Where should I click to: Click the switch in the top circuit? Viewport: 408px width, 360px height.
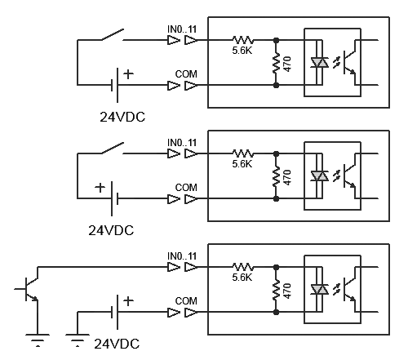tap(113, 34)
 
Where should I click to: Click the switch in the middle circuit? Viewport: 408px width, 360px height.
tap(113, 148)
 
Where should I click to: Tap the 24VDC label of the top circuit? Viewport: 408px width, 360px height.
tap(122, 117)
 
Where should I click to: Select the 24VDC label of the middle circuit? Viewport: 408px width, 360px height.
tap(111, 230)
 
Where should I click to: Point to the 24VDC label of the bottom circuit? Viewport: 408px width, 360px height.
tap(117, 344)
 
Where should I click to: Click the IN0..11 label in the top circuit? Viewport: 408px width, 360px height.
tap(182, 29)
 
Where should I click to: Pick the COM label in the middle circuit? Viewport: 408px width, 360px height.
tap(186, 188)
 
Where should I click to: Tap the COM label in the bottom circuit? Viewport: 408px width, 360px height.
tap(186, 301)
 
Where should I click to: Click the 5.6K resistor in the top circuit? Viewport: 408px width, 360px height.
tap(243, 40)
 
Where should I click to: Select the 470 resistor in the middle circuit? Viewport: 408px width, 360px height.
tap(276, 176)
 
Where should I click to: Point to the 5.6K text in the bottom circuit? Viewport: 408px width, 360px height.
tap(242, 278)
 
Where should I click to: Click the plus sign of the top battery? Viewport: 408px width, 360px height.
tap(128, 74)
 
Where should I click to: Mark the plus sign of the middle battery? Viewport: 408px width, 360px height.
tap(100, 188)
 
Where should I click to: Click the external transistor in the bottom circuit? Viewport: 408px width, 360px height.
tap(29, 289)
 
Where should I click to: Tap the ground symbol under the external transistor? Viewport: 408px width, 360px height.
tap(38, 340)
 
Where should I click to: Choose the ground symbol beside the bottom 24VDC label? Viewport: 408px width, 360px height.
tap(78, 340)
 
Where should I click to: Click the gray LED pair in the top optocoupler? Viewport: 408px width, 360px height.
tap(320, 63)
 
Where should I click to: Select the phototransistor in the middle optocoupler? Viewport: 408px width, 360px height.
tap(349, 176)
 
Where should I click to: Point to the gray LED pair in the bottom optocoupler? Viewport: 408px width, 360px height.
tap(320, 290)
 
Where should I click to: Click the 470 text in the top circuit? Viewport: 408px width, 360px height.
tap(287, 64)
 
